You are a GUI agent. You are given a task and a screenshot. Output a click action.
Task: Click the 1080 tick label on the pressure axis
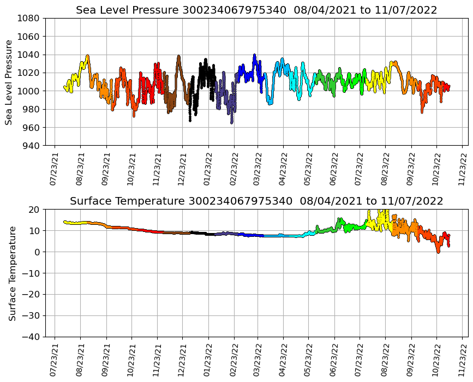28,18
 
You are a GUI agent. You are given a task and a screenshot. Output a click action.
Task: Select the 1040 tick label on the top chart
28,55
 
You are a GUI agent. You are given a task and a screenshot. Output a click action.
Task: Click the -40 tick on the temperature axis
28,337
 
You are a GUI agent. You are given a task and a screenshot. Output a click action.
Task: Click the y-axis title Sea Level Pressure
9,82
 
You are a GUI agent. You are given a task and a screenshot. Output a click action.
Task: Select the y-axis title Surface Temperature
12,273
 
